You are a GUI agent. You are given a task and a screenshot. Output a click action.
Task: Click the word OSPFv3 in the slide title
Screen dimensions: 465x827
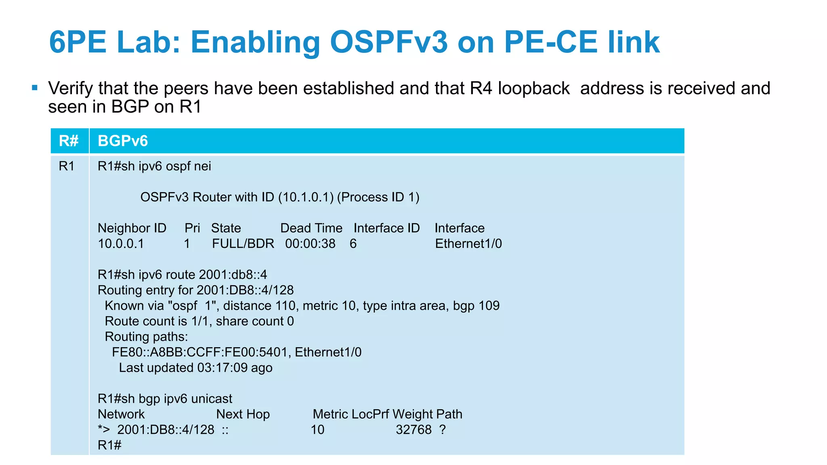(x=388, y=42)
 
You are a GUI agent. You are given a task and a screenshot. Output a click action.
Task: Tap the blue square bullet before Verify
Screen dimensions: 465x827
(x=35, y=88)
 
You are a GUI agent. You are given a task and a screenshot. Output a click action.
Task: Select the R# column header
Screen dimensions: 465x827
(x=69, y=141)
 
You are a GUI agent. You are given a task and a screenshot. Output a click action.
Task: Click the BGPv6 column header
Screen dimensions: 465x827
(x=123, y=141)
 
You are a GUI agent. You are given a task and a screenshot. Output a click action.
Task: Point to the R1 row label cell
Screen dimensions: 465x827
(x=67, y=166)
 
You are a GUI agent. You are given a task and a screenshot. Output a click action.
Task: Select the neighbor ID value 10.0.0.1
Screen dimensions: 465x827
(x=121, y=244)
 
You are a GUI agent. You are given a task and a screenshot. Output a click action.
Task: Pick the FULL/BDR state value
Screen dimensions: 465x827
(x=243, y=244)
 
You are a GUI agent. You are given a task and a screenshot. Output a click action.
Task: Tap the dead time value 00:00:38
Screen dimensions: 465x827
(x=310, y=244)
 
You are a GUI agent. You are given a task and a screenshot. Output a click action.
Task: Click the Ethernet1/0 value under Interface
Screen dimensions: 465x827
(x=468, y=244)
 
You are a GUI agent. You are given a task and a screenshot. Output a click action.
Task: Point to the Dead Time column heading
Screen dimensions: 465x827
(x=311, y=228)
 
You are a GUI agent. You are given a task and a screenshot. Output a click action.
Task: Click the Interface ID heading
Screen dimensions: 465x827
(x=386, y=228)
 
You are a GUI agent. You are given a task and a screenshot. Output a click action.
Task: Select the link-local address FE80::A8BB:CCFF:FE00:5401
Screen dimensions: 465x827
(x=199, y=352)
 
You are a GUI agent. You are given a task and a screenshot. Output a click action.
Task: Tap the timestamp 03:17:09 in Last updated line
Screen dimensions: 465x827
(x=222, y=368)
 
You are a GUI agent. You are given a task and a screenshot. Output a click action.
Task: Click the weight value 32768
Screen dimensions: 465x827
(x=413, y=429)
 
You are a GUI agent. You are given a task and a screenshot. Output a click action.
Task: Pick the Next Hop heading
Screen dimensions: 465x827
(x=243, y=414)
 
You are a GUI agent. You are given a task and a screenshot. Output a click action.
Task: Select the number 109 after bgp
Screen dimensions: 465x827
(x=489, y=306)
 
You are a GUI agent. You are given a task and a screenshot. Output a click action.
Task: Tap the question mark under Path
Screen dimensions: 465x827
(x=443, y=429)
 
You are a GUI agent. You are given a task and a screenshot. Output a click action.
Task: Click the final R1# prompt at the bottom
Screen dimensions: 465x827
(x=109, y=445)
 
